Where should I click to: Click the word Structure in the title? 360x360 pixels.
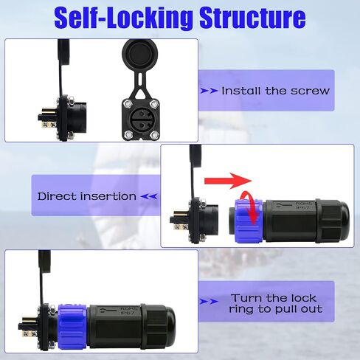tap(252, 17)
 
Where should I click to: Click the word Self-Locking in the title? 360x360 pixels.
tap(123, 18)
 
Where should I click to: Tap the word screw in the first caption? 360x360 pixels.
tap(310, 91)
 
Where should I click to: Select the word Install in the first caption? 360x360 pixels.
tap(242, 91)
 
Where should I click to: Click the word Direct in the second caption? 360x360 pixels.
tap(57, 196)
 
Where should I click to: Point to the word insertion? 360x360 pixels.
tap(108, 196)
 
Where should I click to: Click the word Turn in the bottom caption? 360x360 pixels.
tap(246, 298)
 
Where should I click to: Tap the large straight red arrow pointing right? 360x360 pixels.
tap(228, 181)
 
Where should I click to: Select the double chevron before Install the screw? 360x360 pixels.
tap(209, 91)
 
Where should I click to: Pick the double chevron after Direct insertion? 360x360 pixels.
tap(149, 196)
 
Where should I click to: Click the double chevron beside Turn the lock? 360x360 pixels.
tap(209, 302)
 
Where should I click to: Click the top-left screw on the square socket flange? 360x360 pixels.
tap(128, 104)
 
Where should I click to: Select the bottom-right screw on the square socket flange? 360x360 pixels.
tap(154, 134)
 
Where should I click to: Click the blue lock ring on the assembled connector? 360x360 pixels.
tap(72, 327)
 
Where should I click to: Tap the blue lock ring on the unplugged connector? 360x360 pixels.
tap(249, 221)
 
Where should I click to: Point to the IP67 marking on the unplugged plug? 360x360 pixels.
tap(304, 208)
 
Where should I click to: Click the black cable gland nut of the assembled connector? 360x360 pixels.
tap(158, 327)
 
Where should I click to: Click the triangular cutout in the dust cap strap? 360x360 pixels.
tap(141, 94)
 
